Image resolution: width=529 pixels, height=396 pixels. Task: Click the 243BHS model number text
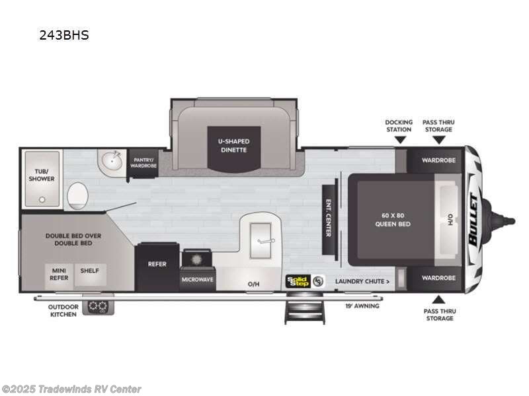63,36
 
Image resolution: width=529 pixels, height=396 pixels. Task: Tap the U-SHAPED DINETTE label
233,145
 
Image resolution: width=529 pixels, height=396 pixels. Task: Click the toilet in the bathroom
78,195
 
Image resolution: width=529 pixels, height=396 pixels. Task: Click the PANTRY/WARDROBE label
143,162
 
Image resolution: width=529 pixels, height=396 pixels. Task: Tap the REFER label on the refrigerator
157,264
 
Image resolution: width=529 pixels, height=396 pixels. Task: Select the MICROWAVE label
197,279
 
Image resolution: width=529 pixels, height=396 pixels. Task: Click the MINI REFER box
60,274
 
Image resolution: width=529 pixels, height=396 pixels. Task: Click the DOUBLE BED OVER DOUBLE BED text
69,239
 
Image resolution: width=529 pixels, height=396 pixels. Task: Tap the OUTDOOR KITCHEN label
63,310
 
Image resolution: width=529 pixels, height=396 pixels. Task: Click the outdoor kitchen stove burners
99,306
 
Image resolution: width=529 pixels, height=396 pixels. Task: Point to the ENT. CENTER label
327,218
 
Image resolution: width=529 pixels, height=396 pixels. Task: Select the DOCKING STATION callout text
399,125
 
